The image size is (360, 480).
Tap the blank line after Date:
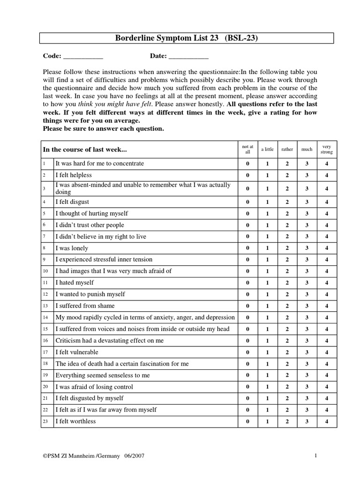pos(188,56)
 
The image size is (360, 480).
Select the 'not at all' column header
pos(247,150)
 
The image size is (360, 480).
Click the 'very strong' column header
pos(327,150)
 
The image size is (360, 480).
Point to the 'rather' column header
pos(287,150)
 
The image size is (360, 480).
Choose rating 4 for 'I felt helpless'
pos(327,175)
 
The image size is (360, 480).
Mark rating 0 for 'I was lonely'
pos(247,248)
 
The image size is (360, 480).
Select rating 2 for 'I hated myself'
pos(287,283)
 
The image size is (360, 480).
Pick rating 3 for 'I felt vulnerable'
pos(307,352)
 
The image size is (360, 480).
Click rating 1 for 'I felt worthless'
pos(267,421)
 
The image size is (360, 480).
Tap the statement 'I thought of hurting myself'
pos(92,213)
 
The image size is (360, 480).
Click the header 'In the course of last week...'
pos(85,150)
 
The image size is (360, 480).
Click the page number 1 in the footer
pos(316,456)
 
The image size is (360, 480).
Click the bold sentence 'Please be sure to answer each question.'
pos(104,129)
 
